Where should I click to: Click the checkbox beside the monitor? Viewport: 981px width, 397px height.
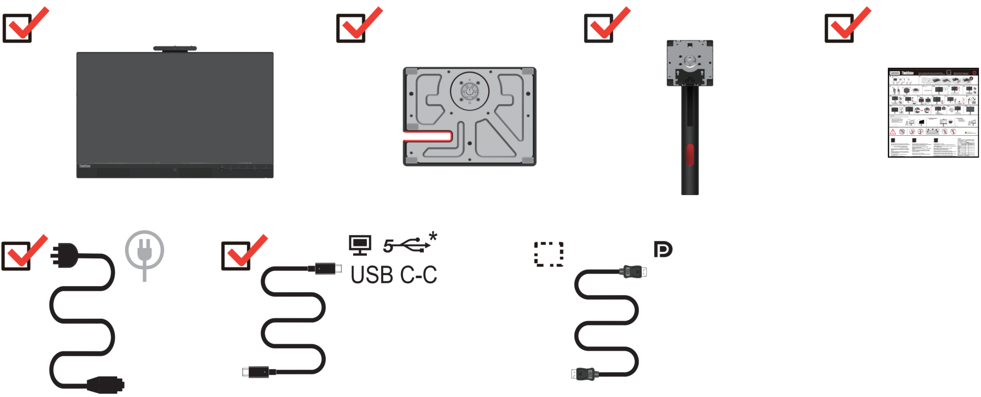(17, 28)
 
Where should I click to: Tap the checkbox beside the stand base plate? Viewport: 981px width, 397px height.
(351, 28)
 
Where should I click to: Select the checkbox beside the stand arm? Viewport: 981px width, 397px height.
(599, 28)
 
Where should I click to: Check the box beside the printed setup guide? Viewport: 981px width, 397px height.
(839, 28)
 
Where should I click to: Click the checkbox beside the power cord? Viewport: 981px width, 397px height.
(16, 256)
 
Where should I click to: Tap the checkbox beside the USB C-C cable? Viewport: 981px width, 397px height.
(236, 256)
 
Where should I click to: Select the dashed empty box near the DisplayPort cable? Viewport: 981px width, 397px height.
(548, 254)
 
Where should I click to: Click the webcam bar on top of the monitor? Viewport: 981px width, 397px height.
(175, 48)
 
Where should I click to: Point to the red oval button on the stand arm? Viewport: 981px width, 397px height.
(690, 154)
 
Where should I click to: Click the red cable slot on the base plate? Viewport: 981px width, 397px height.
(428, 137)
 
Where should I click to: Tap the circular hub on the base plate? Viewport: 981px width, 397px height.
(469, 91)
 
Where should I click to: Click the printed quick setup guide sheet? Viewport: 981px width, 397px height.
(933, 113)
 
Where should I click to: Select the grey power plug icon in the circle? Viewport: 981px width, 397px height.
(144, 251)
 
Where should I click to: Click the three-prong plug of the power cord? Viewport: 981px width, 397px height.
(65, 255)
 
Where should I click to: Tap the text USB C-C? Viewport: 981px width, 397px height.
(394, 275)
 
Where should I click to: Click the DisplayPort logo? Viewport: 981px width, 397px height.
(663, 249)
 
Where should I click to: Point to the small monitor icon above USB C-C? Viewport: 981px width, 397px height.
(360, 245)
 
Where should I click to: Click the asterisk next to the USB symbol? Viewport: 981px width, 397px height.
(433, 236)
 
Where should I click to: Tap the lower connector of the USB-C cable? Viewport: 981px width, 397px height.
(259, 372)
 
